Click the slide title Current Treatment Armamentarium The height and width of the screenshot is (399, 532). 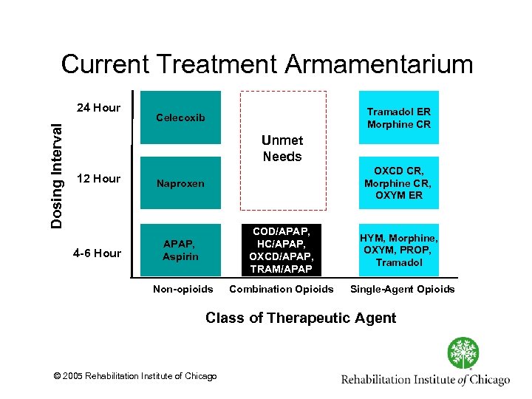(267, 64)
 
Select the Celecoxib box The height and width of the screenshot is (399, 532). (181, 117)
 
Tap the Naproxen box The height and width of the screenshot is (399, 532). (181, 183)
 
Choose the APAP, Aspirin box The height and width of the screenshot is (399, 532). (181, 249)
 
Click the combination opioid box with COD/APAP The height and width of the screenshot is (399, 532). (282, 249)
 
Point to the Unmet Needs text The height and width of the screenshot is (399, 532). (282, 149)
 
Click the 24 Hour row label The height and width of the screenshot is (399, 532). (98, 108)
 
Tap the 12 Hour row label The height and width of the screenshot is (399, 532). (98, 179)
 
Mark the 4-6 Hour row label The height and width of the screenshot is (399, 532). (97, 253)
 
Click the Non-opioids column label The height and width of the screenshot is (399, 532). (182, 289)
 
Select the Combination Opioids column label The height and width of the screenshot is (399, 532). (282, 289)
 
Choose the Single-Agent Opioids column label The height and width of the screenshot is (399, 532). (402, 289)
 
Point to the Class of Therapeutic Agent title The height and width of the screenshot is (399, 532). (301, 318)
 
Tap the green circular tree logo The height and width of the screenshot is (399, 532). (463, 353)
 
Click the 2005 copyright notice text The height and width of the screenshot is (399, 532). (136, 377)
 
